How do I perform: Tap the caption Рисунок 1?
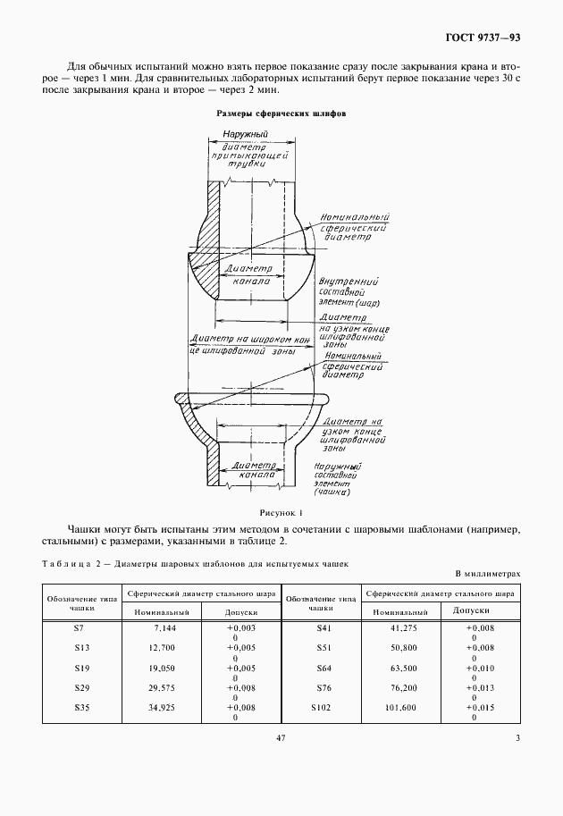281,514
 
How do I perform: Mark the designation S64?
324,667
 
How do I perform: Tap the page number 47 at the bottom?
281,737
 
